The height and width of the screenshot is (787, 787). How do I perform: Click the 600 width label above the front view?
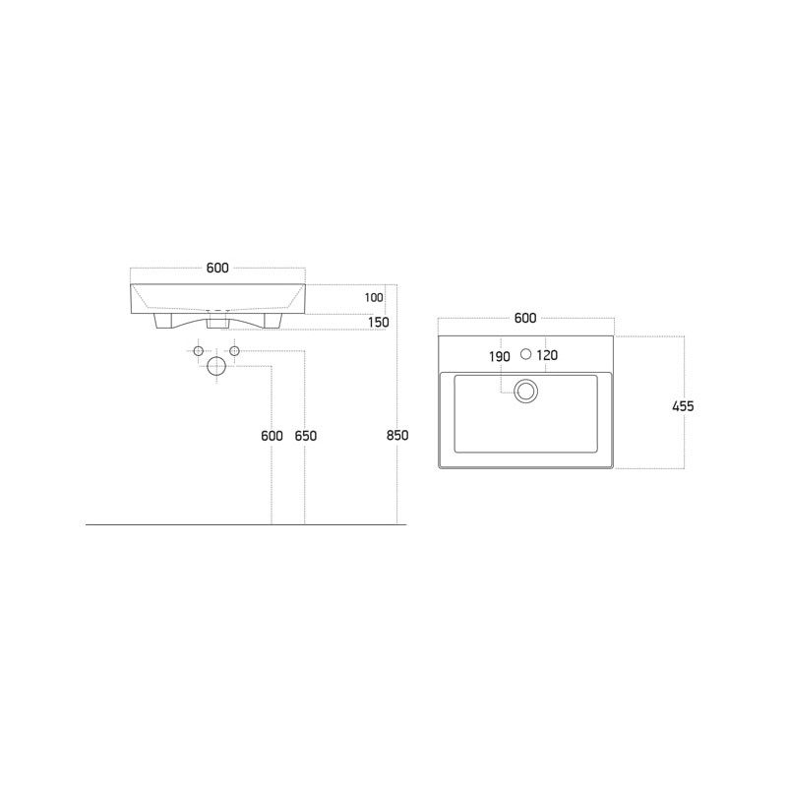click(217, 268)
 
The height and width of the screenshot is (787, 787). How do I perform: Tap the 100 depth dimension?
click(374, 298)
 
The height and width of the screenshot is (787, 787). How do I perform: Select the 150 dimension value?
click(379, 323)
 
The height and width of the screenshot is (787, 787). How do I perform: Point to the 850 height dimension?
click(397, 435)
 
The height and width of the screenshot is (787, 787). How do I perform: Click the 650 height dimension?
click(306, 436)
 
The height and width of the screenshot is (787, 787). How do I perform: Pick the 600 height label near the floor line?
click(272, 436)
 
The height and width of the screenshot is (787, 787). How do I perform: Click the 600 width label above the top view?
click(525, 318)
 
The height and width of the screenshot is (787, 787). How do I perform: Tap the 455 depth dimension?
click(683, 406)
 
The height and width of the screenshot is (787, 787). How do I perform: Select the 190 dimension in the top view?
click(500, 356)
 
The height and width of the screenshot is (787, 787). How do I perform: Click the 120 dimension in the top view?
click(547, 355)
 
